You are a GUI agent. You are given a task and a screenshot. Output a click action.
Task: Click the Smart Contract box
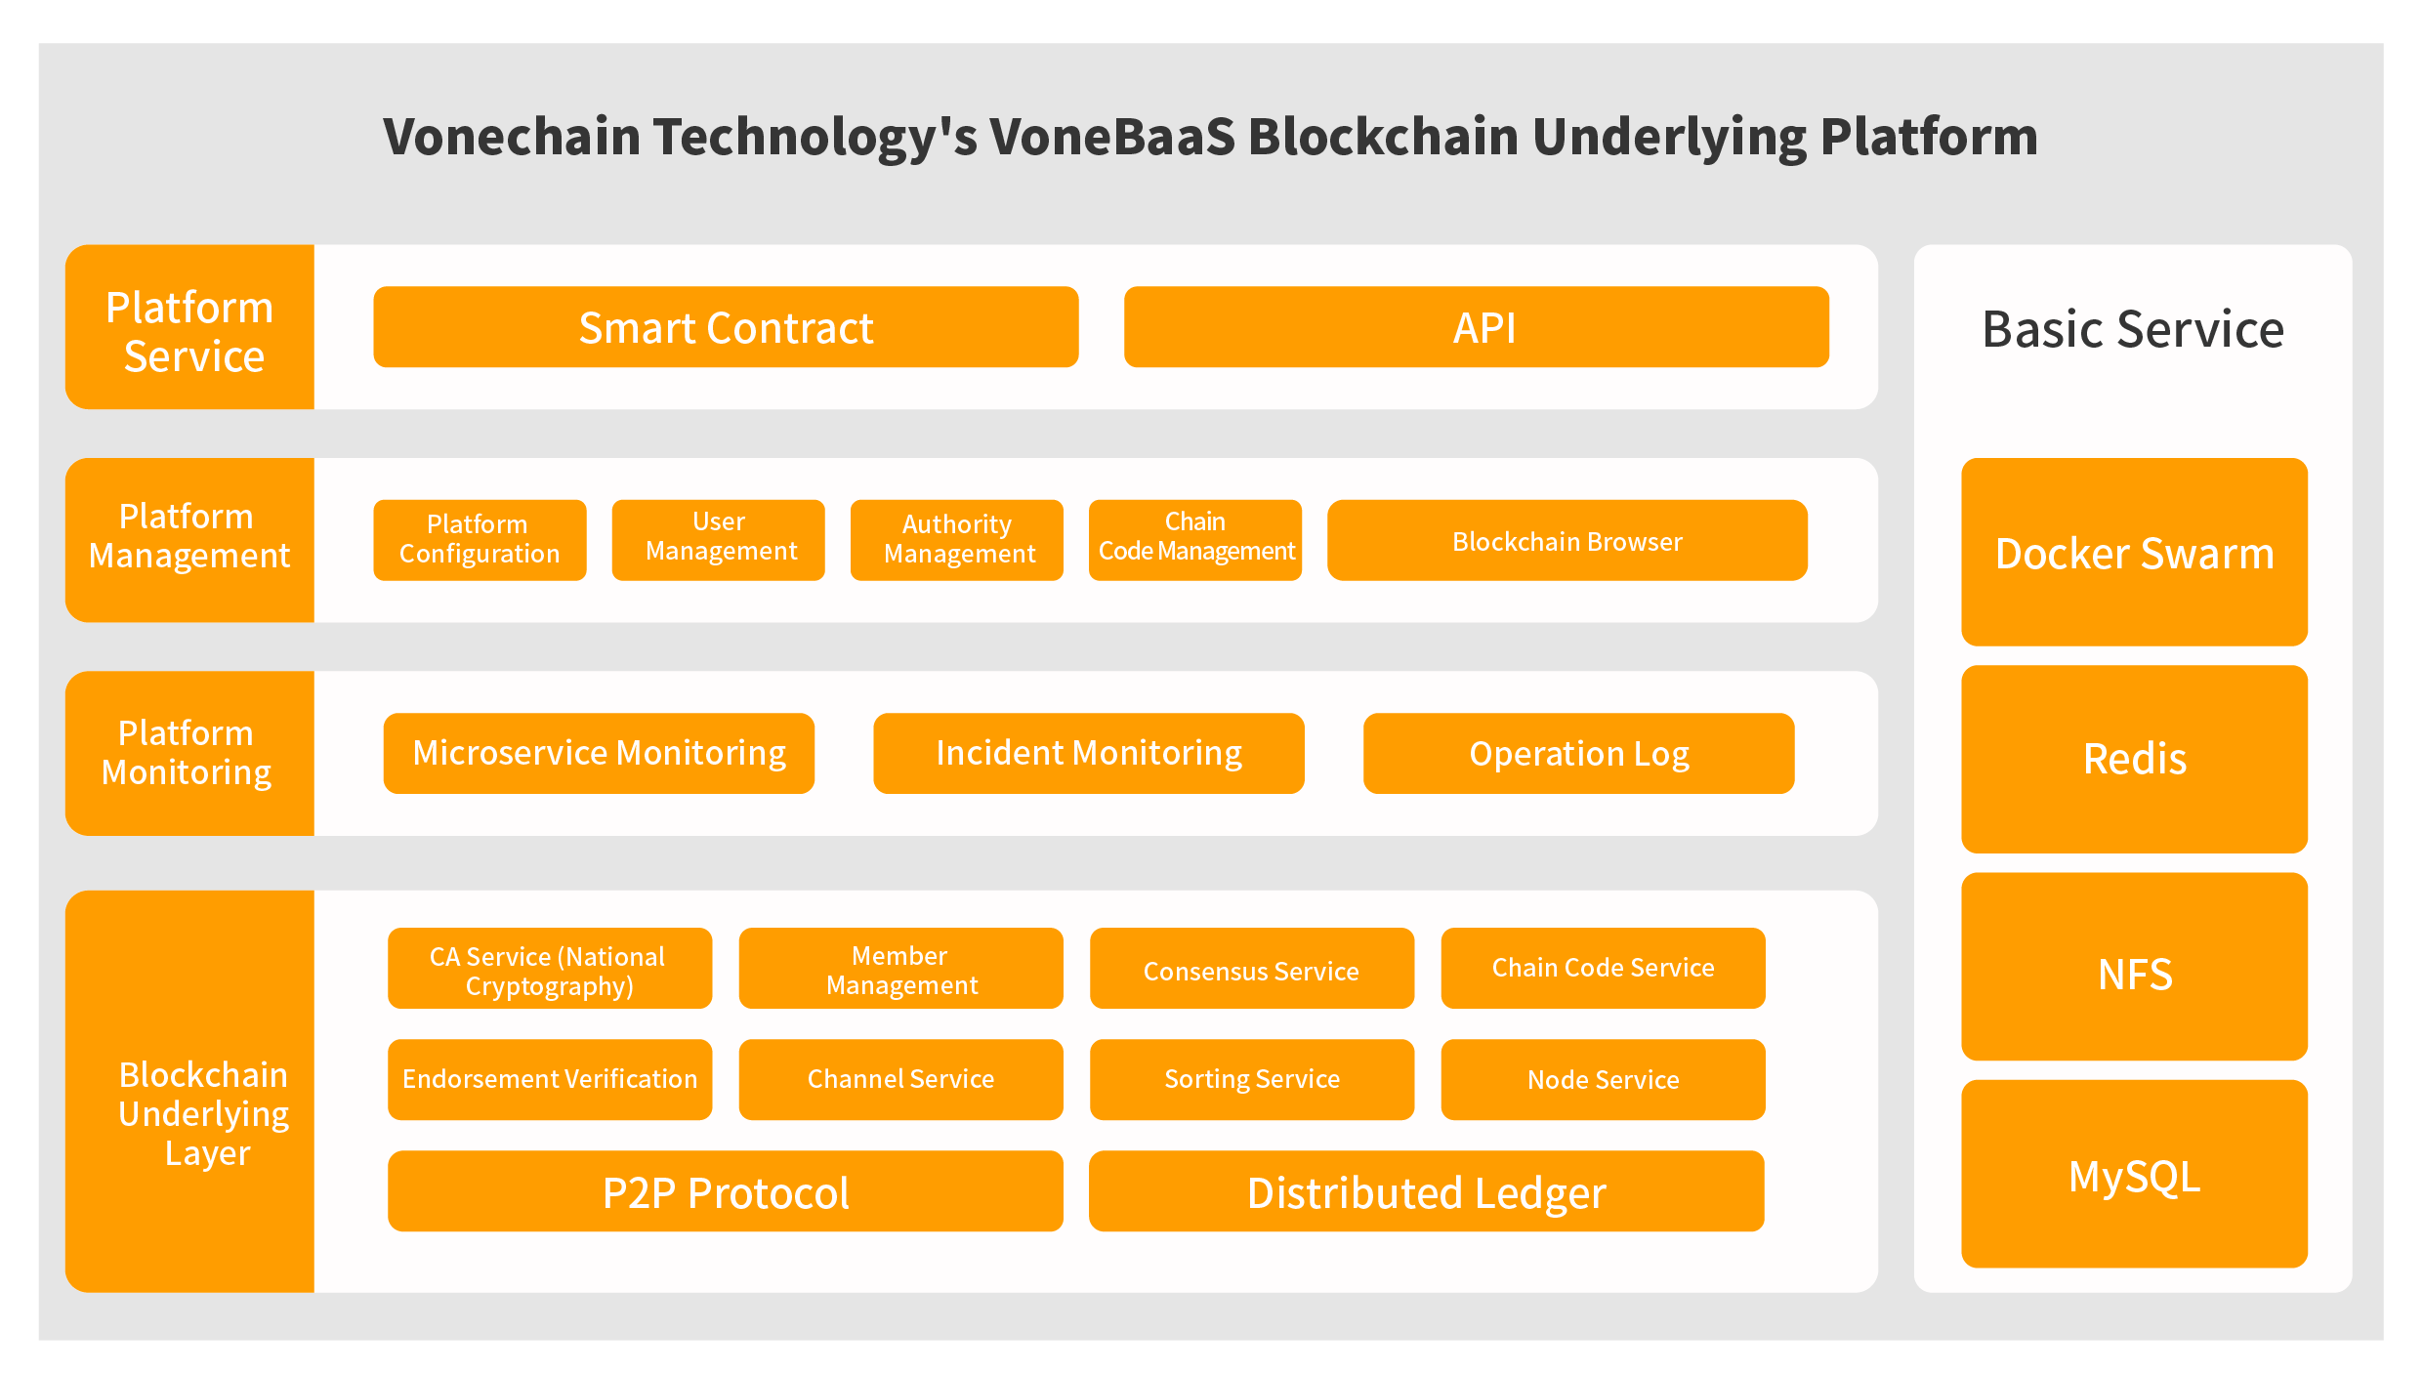726,327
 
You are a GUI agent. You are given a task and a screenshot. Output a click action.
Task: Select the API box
1477,327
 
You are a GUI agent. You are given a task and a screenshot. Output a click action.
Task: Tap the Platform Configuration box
480,540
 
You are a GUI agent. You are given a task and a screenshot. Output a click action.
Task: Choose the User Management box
718,540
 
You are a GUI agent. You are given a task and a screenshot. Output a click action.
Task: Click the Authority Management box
957,540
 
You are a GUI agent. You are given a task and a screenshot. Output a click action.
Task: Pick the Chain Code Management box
1195,540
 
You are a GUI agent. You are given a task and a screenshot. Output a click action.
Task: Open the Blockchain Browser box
1567,540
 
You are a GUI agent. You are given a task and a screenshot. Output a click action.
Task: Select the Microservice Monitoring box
599,753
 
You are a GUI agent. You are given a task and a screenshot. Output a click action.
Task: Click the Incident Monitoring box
1089,753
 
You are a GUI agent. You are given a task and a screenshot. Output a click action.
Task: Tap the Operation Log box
1579,753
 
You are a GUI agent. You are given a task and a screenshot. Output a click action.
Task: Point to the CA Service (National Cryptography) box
550,968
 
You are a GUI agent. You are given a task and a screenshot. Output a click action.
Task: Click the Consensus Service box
1252,968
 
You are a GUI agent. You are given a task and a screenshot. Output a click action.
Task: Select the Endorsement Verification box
550,1079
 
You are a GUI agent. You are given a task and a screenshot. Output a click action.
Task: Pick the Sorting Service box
1252,1079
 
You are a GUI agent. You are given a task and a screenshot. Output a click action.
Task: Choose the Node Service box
1604,1079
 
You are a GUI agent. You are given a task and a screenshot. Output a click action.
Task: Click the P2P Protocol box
726,1191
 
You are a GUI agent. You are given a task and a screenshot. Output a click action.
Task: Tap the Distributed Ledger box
1427,1191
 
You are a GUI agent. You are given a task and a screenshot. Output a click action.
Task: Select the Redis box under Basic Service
2135,759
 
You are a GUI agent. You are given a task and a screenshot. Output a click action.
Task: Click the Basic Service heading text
2133,329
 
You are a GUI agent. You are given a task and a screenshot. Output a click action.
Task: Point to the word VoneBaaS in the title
1112,136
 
